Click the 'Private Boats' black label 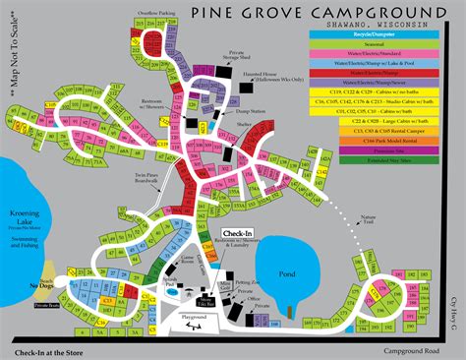46,306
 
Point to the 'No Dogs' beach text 46,287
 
